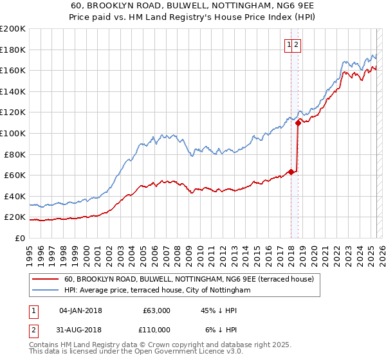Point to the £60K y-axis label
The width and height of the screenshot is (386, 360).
coord(15,175)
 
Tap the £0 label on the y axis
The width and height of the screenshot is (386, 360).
coord(19,238)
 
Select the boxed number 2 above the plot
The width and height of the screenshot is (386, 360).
coord(297,44)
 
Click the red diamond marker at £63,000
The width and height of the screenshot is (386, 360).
coord(291,172)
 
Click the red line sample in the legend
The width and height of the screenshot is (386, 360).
coord(44,279)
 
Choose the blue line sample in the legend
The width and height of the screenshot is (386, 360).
coord(44,291)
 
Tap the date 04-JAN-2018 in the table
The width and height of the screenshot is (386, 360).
coord(80,310)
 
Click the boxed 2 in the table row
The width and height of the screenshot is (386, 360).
coord(33,330)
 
